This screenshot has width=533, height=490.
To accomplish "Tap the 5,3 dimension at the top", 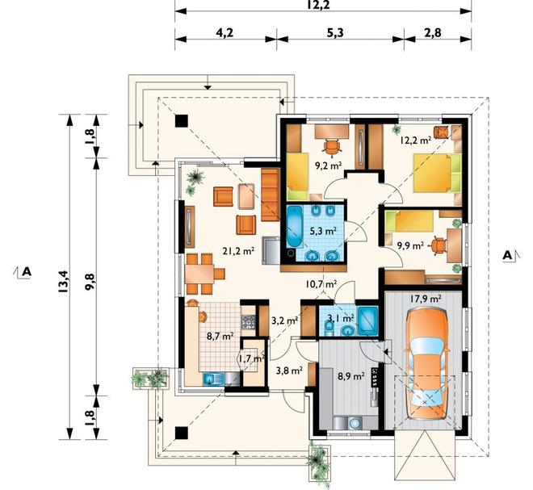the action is point(335,33).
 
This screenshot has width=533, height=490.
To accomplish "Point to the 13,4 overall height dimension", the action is point(65,276).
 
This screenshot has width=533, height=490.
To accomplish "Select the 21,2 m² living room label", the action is point(238,251).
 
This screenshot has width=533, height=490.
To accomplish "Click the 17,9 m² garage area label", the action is point(426,299).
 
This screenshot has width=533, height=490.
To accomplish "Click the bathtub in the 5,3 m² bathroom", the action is point(295,226).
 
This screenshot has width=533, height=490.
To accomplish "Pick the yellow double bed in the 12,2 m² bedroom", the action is point(437,174).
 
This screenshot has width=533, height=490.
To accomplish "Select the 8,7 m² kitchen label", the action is point(220,337).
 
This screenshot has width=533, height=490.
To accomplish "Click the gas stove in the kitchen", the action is point(248,322).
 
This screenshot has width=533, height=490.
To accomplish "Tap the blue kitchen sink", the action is point(212,379).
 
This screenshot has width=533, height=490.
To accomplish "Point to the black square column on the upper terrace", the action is point(182,121).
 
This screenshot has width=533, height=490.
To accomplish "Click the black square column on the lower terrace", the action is point(182,433).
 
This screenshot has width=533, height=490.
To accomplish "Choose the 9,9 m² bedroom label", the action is point(410,245).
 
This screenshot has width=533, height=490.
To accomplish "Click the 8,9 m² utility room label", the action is point(351,376).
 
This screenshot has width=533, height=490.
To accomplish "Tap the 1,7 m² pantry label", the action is point(251,358).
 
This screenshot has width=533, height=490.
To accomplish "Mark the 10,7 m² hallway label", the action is point(321,284).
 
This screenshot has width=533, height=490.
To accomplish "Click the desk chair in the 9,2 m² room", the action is point(331,147).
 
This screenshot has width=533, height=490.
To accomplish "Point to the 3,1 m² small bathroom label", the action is point(341,318).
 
